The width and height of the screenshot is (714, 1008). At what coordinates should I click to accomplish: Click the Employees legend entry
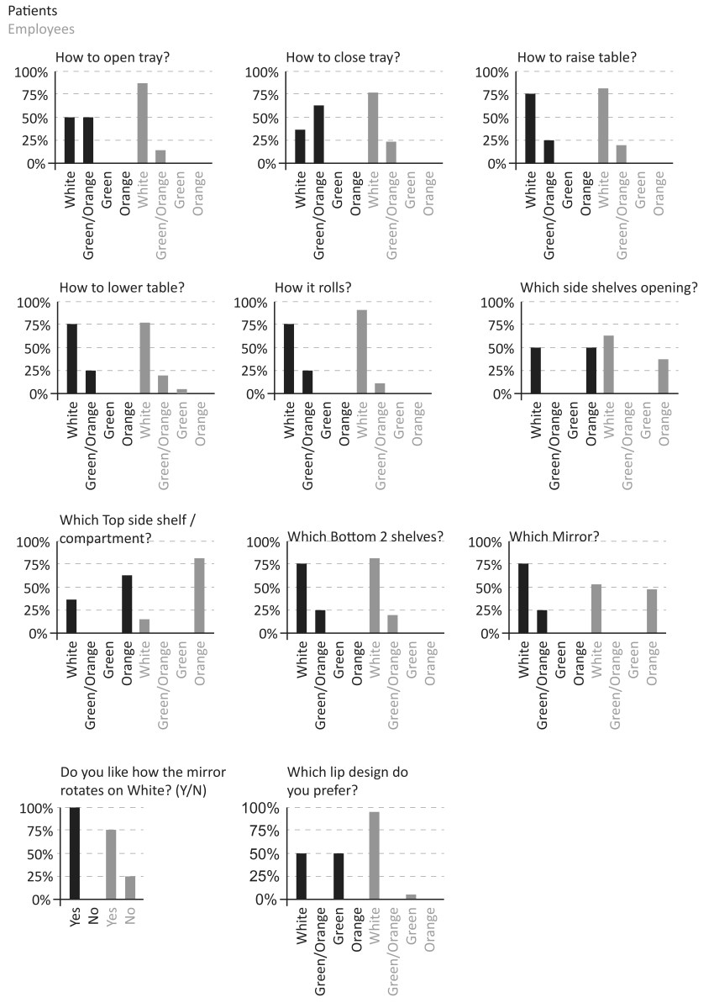[41, 29]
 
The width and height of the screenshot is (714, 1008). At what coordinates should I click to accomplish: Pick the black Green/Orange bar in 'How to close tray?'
[318, 135]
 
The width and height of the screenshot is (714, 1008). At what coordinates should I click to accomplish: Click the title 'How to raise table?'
[577, 57]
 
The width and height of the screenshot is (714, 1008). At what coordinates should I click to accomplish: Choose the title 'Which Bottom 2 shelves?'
[365, 537]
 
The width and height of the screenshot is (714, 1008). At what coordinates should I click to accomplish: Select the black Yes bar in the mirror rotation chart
[75, 853]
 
